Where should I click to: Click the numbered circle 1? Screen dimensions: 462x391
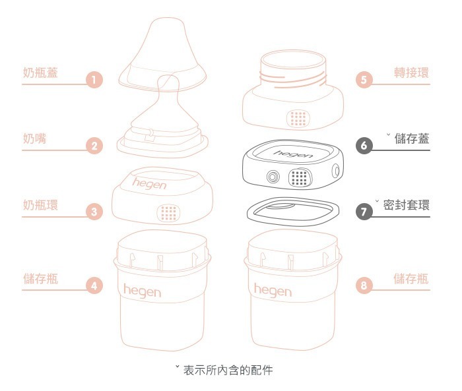pyautogui.click(x=94, y=81)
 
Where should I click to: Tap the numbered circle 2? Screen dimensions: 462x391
pyautogui.click(x=95, y=146)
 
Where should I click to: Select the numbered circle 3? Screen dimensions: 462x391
pyautogui.click(x=95, y=212)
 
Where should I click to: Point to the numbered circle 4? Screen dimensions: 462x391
pyautogui.click(x=95, y=286)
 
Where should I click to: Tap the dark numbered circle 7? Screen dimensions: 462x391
pyautogui.click(x=365, y=212)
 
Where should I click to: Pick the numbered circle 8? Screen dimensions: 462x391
pyautogui.click(x=365, y=286)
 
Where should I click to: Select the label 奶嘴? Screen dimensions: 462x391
pyautogui.click(x=34, y=138)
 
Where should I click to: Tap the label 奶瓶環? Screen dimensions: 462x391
pyautogui.click(x=40, y=204)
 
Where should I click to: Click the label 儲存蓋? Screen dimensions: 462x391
pyautogui.click(x=411, y=138)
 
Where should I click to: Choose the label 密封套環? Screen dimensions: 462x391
pyautogui.click(x=406, y=204)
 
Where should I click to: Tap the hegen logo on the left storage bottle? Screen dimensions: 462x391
pyautogui.click(x=142, y=289)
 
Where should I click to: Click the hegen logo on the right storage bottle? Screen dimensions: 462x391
pyautogui.click(x=273, y=289)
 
